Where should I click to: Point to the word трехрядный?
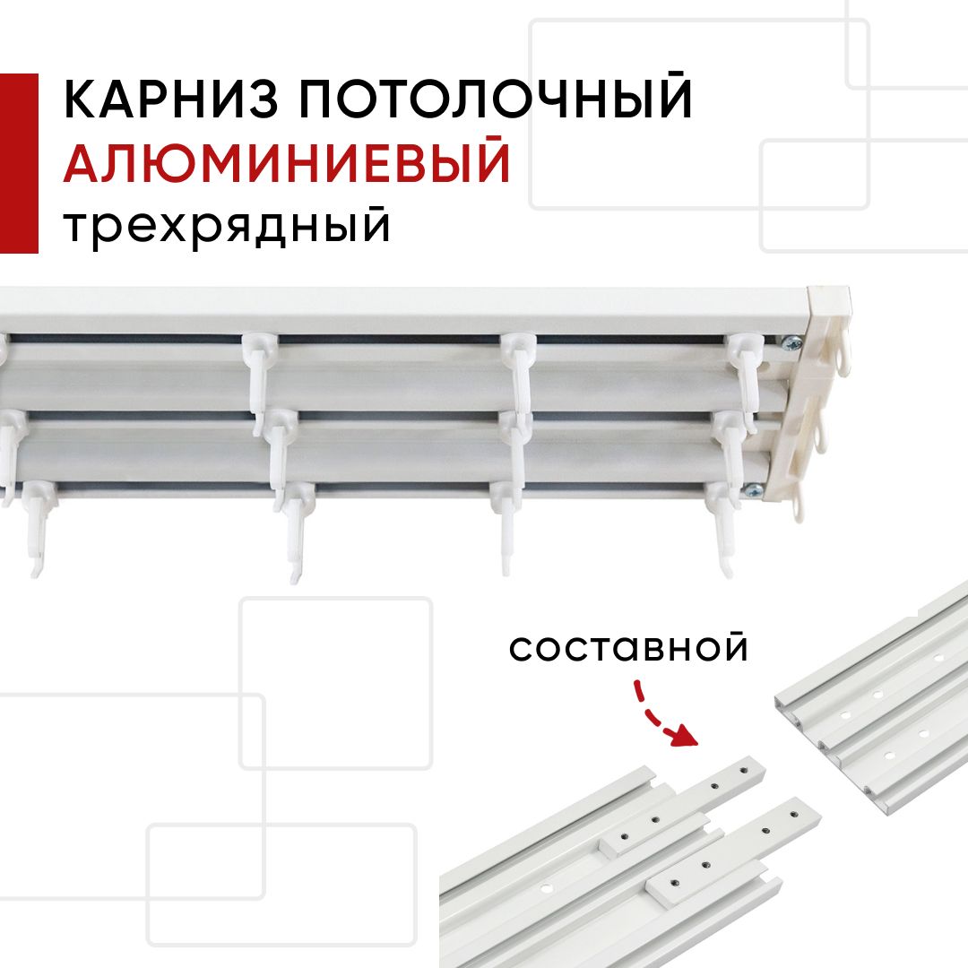(x=227, y=227)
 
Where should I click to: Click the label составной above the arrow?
(x=628, y=648)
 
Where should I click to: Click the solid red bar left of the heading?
(x=19, y=163)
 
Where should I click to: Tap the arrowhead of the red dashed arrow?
(x=683, y=735)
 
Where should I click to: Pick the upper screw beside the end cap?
(x=792, y=342)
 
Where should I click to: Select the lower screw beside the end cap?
(x=755, y=490)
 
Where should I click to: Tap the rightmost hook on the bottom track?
(x=723, y=528)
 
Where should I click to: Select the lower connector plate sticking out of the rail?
(x=735, y=850)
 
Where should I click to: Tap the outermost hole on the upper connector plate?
(x=743, y=770)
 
